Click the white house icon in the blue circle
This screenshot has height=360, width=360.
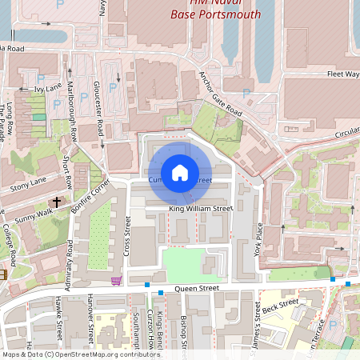180,173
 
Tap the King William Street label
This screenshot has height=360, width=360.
200,209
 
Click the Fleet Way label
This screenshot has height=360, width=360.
342,74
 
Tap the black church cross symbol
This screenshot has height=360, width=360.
57,203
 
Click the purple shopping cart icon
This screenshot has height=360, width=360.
117,281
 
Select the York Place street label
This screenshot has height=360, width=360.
258,238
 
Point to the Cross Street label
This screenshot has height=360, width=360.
127,239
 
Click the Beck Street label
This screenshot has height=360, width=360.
280,306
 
